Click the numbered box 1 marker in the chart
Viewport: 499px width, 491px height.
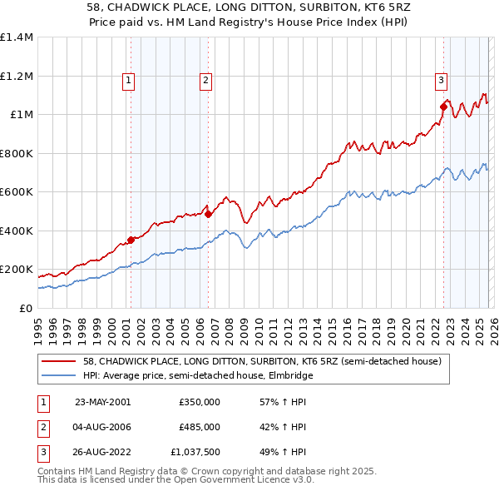tap(130, 81)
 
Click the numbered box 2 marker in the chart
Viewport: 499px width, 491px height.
tap(205, 81)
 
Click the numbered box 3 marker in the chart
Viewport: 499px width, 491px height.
tap(441, 81)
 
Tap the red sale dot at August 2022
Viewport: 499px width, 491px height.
tap(443, 107)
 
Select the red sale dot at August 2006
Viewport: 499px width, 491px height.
tap(208, 214)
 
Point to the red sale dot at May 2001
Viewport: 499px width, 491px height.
tap(131, 241)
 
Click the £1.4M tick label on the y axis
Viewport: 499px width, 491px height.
tap(16, 37)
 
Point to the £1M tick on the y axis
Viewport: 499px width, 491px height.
tap(20, 115)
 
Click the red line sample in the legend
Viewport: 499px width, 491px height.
tap(59, 362)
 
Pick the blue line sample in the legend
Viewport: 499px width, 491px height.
tap(59, 376)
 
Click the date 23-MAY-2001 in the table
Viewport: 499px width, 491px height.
tap(102, 402)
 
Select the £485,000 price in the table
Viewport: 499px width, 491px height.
tap(199, 427)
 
